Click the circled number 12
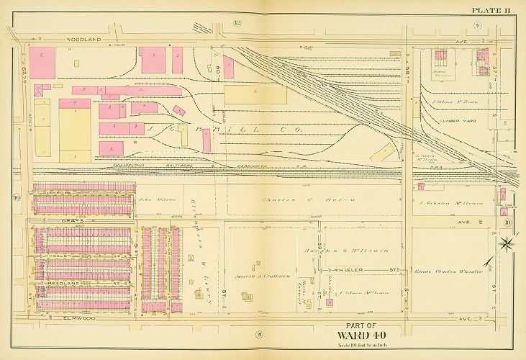237,24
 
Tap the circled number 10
507,222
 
